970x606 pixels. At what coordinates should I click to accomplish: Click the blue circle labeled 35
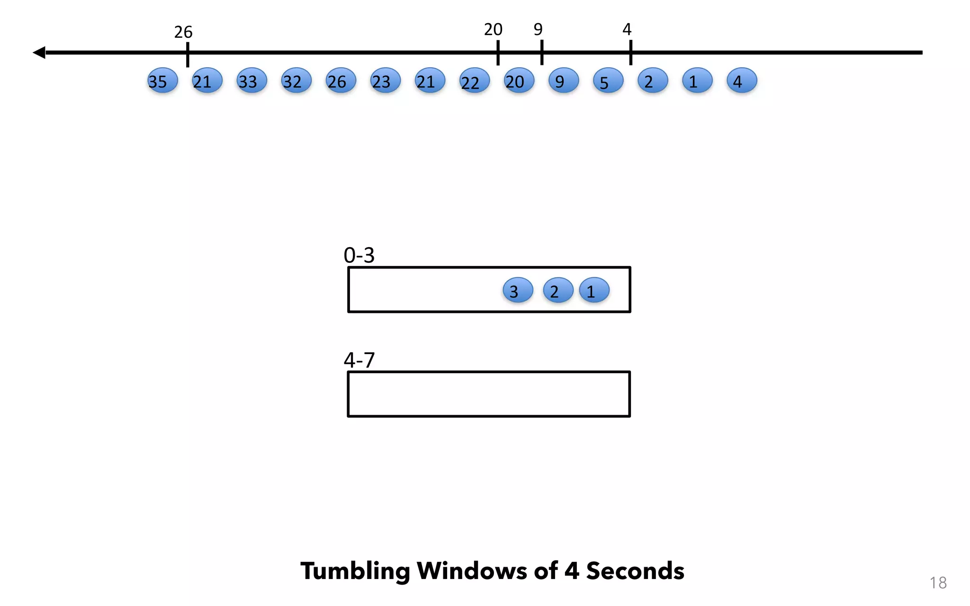point(162,80)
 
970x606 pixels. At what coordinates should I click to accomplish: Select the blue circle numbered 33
point(251,80)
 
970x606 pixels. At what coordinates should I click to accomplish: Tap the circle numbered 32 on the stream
point(296,80)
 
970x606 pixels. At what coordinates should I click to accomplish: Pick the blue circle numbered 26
point(341,80)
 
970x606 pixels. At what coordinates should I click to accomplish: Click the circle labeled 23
point(385,80)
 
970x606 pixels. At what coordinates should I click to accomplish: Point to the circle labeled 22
point(474,81)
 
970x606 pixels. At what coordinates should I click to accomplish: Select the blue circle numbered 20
point(519,80)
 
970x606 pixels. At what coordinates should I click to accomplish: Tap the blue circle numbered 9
point(563,80)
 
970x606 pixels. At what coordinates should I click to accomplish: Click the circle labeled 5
point(608,80)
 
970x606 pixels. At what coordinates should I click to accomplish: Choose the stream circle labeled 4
point(742,80)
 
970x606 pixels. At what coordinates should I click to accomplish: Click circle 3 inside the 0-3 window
point(518,290)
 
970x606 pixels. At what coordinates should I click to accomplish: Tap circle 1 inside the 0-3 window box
point(594,290)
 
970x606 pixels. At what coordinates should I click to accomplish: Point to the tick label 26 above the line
point(183,32)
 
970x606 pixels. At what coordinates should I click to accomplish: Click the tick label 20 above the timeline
point(493,30)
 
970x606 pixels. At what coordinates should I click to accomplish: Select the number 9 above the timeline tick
point(538,30)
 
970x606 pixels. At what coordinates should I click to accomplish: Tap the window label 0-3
point(359,256)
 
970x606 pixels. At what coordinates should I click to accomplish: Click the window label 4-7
point(359,360)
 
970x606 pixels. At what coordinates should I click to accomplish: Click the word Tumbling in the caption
point(355,571)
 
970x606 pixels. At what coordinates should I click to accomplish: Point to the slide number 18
point(938,583)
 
